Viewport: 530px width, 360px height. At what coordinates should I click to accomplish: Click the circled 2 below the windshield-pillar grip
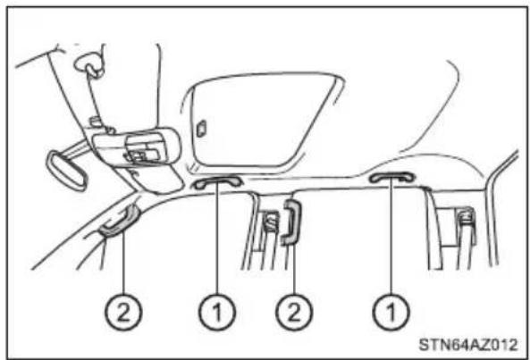tap(123, 312)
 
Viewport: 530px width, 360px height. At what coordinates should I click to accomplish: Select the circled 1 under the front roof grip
tap(216, 312)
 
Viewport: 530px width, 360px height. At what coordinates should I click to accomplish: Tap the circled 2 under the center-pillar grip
tap(294, 312)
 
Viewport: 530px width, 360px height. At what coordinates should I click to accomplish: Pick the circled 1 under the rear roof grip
tap(391, 312)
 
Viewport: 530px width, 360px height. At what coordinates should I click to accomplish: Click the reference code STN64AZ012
tap(467, 345)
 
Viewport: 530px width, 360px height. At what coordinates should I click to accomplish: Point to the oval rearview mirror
tap(66, 171)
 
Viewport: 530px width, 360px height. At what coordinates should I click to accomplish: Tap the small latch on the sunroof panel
tap(201, 129)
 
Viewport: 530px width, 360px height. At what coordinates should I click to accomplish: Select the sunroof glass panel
tap(260, 120)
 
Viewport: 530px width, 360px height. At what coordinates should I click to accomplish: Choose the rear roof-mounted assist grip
tap(391, 176)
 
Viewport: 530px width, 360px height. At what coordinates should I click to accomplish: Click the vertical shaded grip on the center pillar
tap(291, 222)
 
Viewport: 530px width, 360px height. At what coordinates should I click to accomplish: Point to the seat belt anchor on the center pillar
tap(271, 222)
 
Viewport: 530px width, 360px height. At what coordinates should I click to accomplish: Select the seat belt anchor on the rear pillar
tap(466, 216)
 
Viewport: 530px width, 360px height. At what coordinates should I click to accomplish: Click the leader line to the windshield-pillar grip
tap(123, 263)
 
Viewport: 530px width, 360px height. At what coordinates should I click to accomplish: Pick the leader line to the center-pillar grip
tap(294, 269)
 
